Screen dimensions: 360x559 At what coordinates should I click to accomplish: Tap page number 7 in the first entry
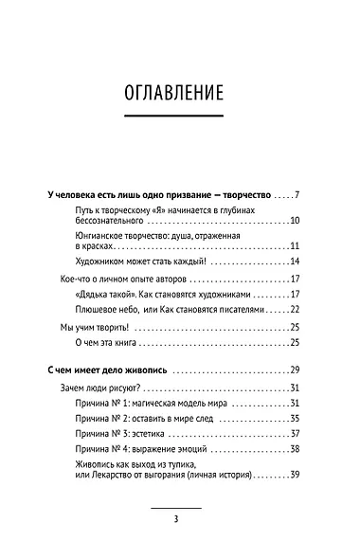pyautogui.click(x=297, y=196)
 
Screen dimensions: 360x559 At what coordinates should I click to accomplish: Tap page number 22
pyautogui.click(x=295, y=309)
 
